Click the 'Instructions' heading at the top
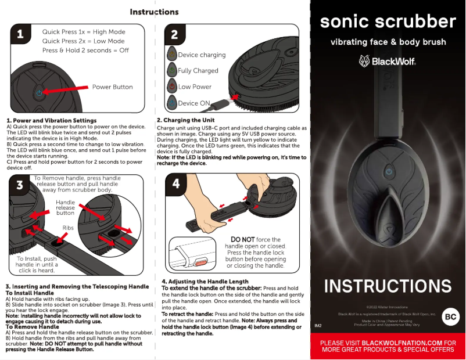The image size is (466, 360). click(154, 12)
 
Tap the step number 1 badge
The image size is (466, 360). click(20, 35)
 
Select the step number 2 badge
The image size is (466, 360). click(174, 34)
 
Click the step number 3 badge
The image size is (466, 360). click(20, 185)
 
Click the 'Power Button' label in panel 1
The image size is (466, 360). click(112, 87)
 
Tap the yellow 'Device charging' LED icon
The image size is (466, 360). click(171, 55)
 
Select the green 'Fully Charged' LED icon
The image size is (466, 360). click(171, 70)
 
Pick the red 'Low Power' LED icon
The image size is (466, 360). click(171, 87)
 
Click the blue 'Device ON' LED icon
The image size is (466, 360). click(171, 103)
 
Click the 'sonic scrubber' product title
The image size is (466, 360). click(388, 21)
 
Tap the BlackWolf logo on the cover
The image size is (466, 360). click(388, 61)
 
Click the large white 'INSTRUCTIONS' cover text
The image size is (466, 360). click(388, 286)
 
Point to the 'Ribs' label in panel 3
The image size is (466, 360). click(69, 228)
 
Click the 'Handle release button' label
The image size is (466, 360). click(65, 207)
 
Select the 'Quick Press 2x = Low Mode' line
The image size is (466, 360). click(83, 41)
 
